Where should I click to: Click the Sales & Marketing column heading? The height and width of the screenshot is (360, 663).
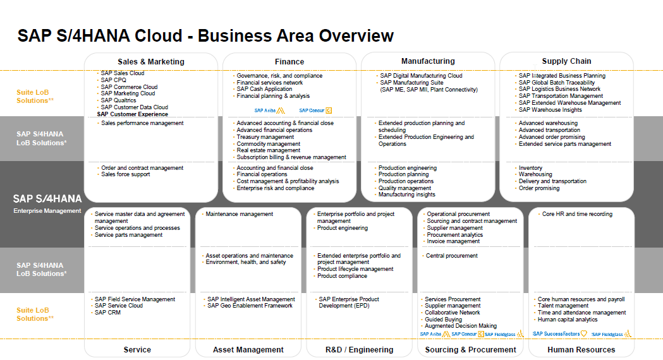click(151, 62)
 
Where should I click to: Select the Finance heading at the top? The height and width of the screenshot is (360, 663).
click(289, 62)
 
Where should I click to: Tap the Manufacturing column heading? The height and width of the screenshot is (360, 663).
click(428, 61)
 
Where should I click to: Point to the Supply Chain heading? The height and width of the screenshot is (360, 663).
click(566, 61)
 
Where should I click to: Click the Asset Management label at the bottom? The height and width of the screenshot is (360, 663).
click(248, 349)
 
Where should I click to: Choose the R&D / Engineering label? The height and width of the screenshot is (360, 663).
click(360, 349)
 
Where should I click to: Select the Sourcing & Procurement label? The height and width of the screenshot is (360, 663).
click(471, 349)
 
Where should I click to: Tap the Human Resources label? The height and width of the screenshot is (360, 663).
click(581, 349)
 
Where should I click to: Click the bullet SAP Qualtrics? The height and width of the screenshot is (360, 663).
click(118, 100)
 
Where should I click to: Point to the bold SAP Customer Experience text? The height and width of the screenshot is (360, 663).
click(133, 114)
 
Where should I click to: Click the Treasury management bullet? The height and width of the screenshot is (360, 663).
click(265, 137)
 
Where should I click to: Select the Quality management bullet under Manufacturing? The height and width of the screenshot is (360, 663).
click(404, 188)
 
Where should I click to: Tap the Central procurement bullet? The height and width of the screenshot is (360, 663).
click(452, 256)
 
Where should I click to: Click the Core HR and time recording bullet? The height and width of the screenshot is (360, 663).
click(577, 214)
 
